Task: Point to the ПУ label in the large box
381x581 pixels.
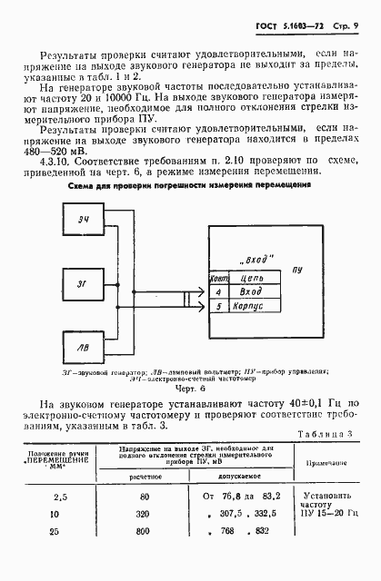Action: point(296,270)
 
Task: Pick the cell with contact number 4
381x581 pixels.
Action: point(217,291)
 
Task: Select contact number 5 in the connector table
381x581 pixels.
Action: point(217,306)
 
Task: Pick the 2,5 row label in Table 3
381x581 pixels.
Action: point(60,497)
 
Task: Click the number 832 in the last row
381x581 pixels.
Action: point(264,530)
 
